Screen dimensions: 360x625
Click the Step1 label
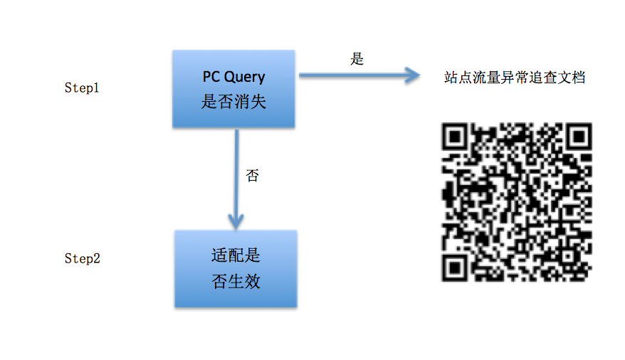82,89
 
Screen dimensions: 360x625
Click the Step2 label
82,258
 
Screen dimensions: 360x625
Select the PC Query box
233,89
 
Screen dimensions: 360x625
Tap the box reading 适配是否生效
236,269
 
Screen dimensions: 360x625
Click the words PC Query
233,77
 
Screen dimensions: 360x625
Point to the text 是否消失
233,102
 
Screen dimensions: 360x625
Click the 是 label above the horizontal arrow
357,59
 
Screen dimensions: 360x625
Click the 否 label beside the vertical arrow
252,176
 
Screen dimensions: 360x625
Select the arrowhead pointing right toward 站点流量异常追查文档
411,75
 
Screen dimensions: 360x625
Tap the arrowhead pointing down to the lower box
236,216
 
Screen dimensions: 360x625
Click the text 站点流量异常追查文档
514,78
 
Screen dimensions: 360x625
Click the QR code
517,201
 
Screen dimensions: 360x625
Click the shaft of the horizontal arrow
349,75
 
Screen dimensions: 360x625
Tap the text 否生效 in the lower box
236,282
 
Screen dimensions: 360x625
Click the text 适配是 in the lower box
236,256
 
